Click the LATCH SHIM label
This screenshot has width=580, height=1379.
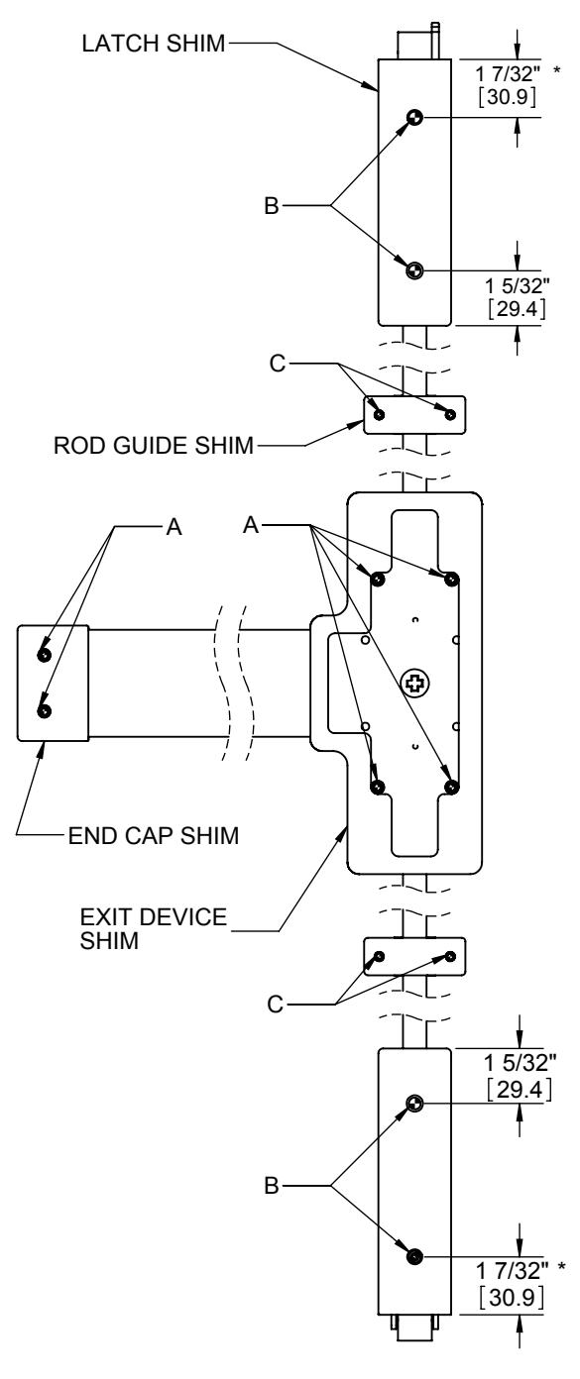click(x=154, y=44)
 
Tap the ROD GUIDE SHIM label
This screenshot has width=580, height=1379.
click(x=154, y=445)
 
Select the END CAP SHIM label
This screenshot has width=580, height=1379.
click(x=154, y=835)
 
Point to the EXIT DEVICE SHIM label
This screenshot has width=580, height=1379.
click(x=153, y=928)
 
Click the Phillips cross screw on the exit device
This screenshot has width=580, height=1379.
click(x=414, y=684)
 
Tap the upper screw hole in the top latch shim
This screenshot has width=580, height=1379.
click(x=415, y=118)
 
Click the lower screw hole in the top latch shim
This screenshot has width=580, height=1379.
click(x=414, y=269)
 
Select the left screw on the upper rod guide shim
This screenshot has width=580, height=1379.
click(x=379, y=414)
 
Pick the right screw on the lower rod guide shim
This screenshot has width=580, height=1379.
click(x=450, y=956)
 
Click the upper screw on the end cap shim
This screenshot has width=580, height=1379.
click(x=44, y=655)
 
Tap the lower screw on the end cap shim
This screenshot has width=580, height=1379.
click(x=45, y=711)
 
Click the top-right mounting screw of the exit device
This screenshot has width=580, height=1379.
click(x=452, y=579)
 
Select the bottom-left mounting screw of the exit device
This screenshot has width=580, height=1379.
click(x=378, y=787)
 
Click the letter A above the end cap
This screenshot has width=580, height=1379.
click(x=174, y=527)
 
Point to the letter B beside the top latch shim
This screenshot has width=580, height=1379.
click(x=272, y=206)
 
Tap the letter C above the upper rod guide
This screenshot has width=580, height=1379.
click(x=278, y=364)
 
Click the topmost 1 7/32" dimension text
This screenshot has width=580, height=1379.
click(x=508, y=74)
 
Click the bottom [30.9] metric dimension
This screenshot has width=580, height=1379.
click(x=512, y=1297)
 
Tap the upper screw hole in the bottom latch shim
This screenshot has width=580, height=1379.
click(x=415, y=1104)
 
